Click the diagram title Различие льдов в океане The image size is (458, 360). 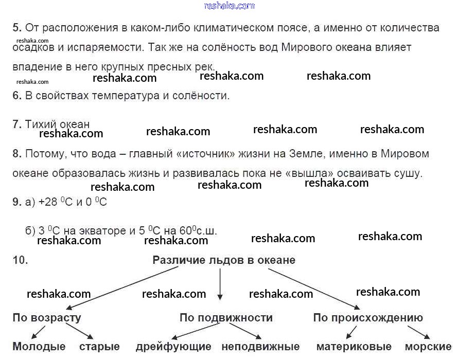pos(224,260)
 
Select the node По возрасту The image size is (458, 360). pos(47,318)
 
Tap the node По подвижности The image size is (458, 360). pos(226,318)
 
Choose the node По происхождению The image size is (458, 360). pos(368,318)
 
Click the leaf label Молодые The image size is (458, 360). pos(39,347)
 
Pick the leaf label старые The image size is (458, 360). pos(99,347)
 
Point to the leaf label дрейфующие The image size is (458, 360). pos(173,347)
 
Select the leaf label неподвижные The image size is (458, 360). pos(260,347)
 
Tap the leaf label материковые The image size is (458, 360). pos(354,347)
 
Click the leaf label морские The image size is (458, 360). pos(428,347)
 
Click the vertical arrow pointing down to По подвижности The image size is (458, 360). pos(220,284)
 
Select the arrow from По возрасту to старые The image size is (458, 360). pos(79,331)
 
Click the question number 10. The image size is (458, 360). pos(20,260)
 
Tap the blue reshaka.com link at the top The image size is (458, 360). pos(230,6)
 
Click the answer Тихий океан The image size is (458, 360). pos(57,124)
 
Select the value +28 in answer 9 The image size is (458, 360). pos(48,202)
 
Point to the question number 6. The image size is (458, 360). pos(17,96)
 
